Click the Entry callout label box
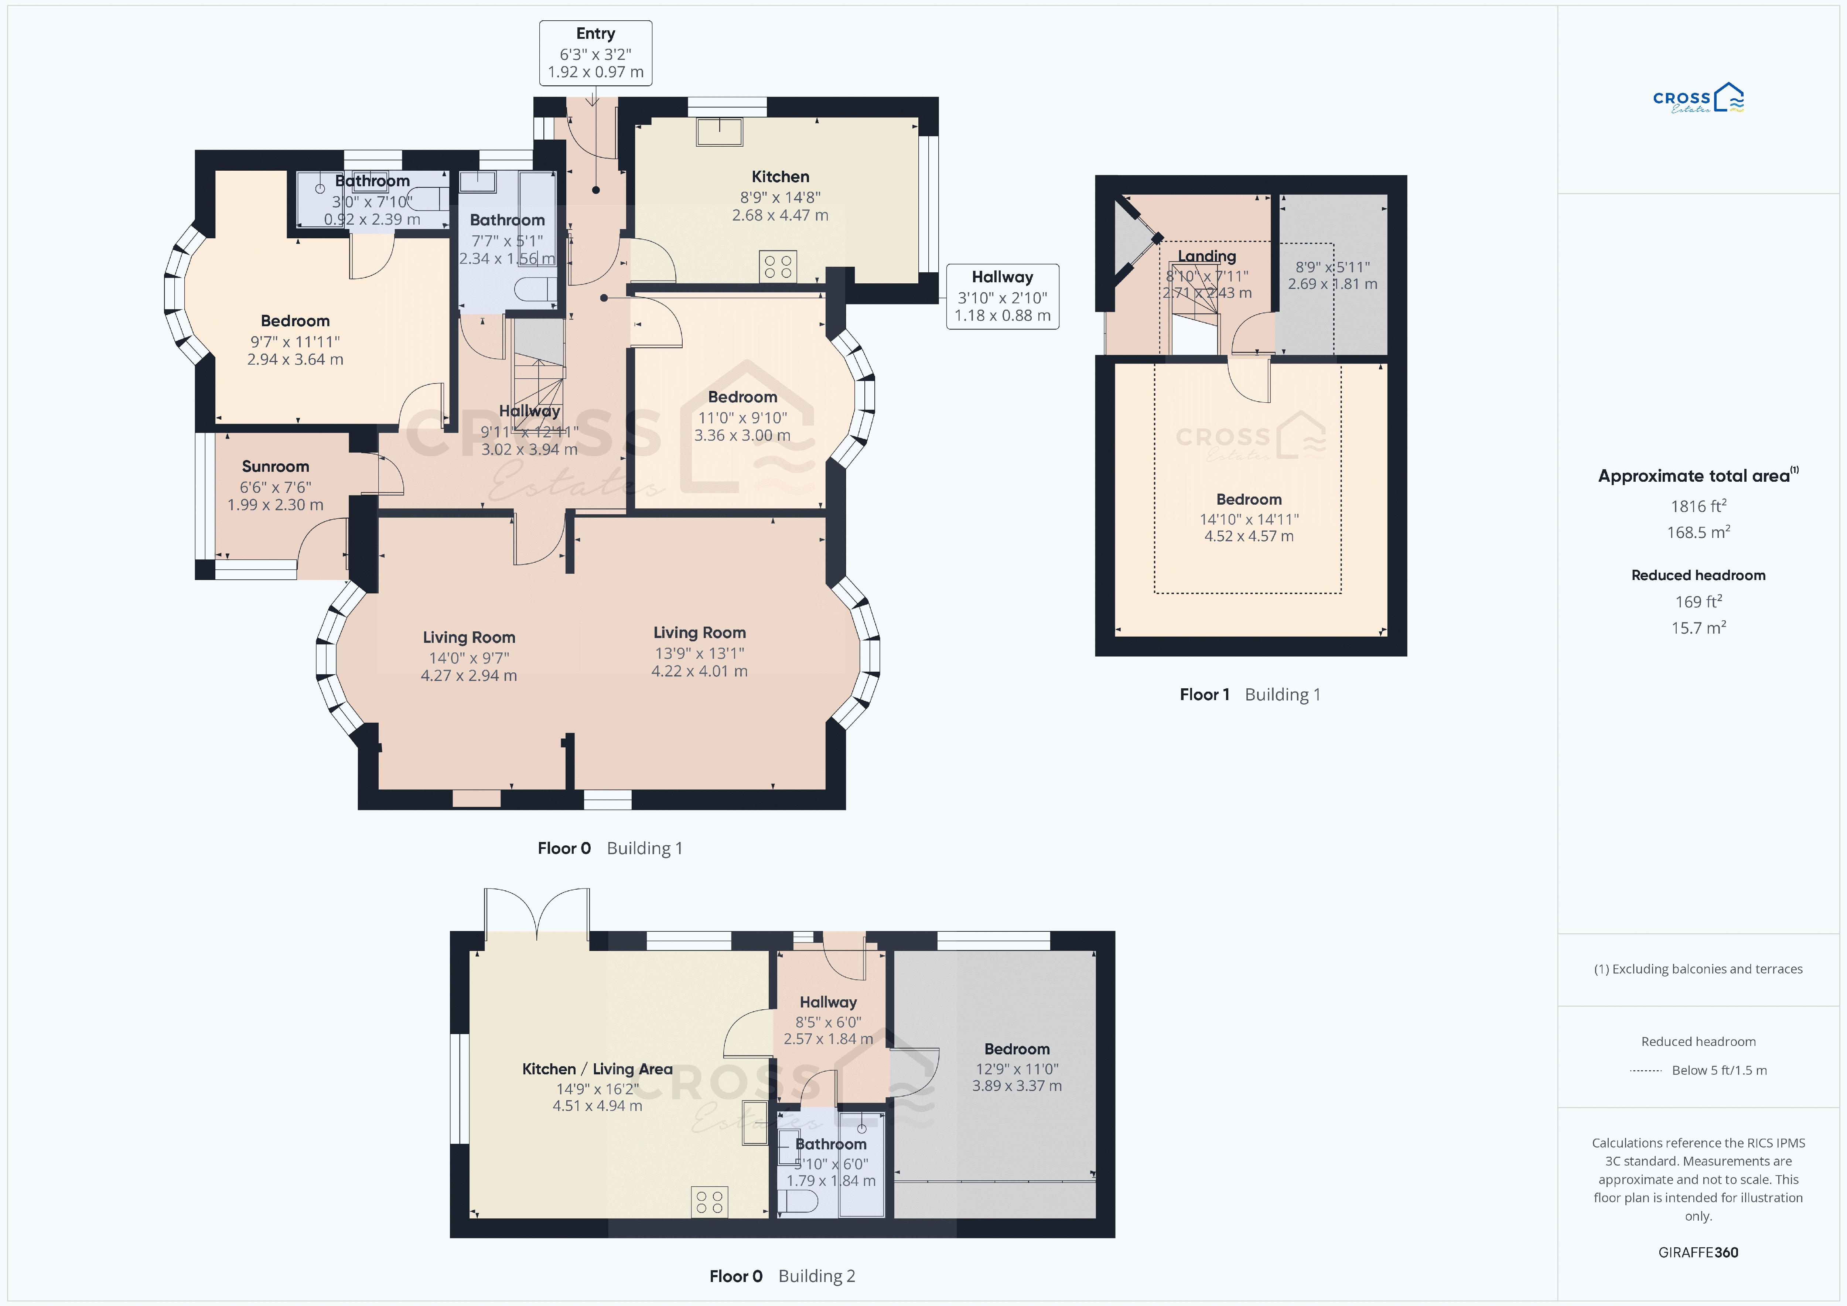coord(595,53)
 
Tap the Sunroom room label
coord(275,467)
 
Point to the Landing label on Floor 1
coord(1207,256)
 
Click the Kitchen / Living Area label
coord(597,1068)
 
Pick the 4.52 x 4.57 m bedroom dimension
coord(1249,536)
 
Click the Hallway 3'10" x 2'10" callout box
coord(1002,297)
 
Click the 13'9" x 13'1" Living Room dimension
coord(699,654)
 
